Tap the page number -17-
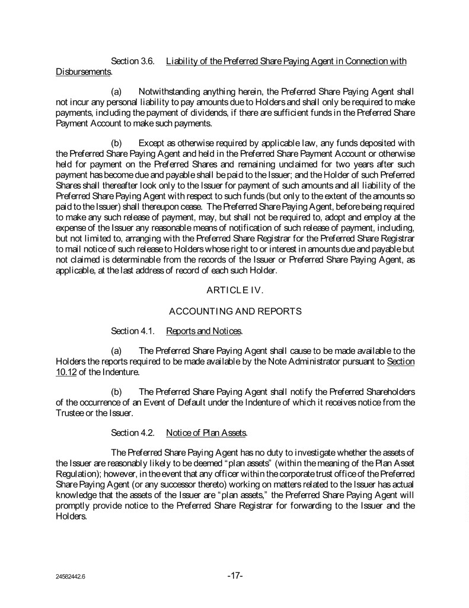(x=235, y=575)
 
